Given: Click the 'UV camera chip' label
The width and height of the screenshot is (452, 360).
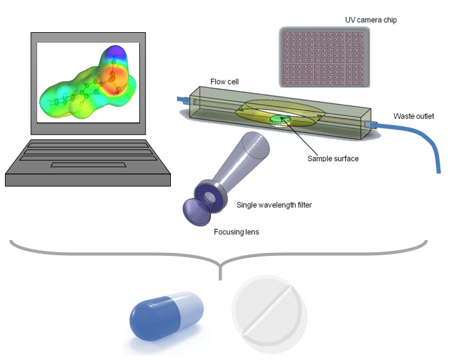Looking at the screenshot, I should (371, 20).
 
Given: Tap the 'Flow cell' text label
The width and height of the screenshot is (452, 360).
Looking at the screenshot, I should (224, 81).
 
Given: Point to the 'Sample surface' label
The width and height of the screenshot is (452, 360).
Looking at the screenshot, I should (332, 159).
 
